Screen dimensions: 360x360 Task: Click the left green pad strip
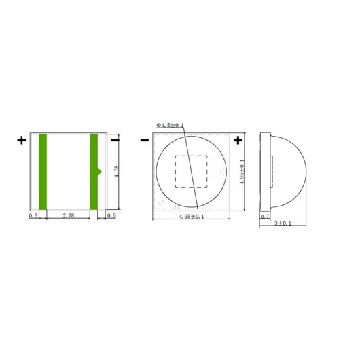[x=43, y=172]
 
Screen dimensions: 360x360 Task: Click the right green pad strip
[x=94, y=172]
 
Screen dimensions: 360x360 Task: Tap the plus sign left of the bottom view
[x=22, y=141]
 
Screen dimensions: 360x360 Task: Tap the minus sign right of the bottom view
[x=115, y=140]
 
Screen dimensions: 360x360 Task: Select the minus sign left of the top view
[x=145, y=140]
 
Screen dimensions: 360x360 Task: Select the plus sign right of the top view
[x=238, y=141]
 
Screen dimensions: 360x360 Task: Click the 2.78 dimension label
[x=69, y=215]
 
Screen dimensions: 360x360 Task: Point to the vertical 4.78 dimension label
[x=117, y=171]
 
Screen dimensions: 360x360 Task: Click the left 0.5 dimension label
[x=33, y=215]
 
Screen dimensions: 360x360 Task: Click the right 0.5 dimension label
[x=111, y=215]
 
